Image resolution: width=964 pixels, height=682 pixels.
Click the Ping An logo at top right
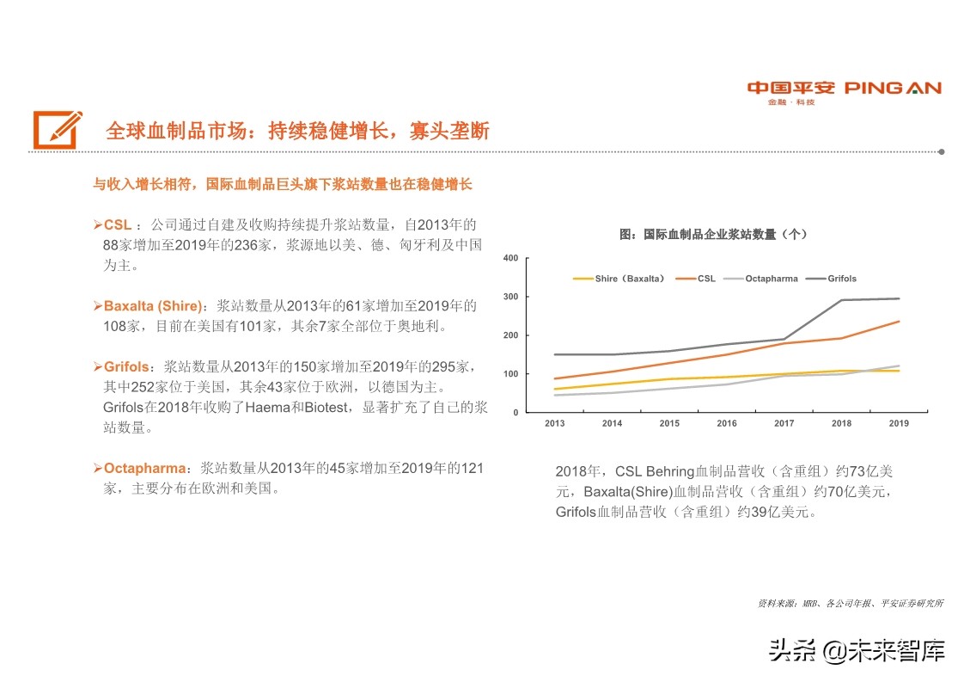coord(844,91)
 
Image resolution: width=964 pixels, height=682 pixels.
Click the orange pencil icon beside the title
coord(58,130)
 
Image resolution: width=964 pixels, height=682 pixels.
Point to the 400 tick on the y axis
coord(510,259)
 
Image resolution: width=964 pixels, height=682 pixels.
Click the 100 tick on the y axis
coord(510,374)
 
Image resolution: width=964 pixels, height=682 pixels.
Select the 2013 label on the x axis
coord(555,424)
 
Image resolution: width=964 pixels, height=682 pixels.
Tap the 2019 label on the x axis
coord(899,424)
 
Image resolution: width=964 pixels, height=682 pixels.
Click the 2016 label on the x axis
coord(727,424)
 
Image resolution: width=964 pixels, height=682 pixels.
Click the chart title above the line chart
coord(712,234)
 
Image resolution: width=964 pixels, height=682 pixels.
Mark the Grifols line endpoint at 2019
coord(899,298)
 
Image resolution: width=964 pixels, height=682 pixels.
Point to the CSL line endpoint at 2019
coord(899,322)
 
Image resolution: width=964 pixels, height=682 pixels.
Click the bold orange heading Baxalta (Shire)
coord(153,306)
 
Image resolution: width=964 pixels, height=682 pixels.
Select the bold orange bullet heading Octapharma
coord(144,469)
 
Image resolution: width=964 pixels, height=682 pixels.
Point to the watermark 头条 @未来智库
coord(857,650)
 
